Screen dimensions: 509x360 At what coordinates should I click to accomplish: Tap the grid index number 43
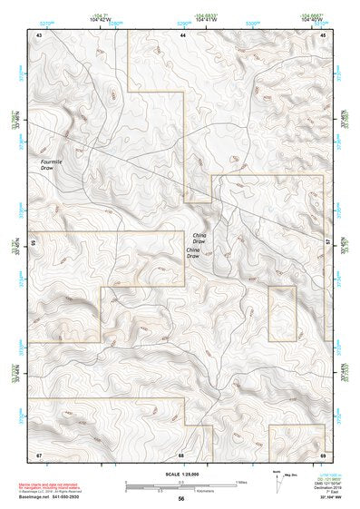point(39,34)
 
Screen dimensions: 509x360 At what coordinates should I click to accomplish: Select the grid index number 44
point(183,34)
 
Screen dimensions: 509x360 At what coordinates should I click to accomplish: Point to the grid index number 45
point(324,34)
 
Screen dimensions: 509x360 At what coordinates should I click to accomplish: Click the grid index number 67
point(39,454)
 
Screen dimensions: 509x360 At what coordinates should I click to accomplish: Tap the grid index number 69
point(324,454)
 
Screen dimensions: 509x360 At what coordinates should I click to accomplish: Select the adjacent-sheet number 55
point(33,243)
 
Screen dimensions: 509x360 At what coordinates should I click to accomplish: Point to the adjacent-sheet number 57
point(329,243)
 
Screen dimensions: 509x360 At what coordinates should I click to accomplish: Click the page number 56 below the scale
point(181,498)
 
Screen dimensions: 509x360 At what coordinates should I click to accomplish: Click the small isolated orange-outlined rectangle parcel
point(282,313)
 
